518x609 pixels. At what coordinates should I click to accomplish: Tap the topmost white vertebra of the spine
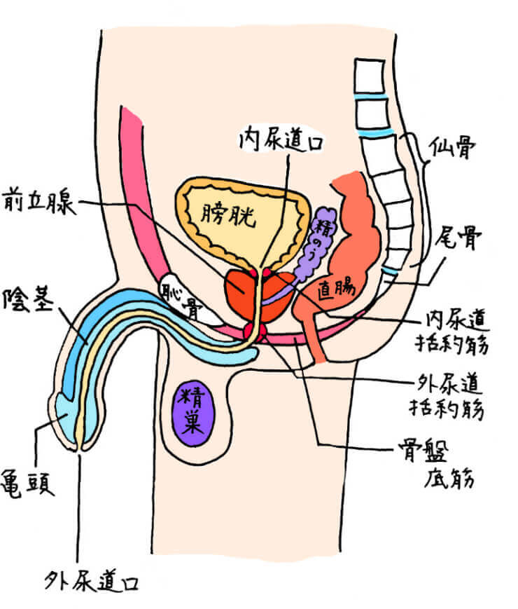tap(369, 75)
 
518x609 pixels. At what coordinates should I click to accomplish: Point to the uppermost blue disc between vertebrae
tap(369, 96)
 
